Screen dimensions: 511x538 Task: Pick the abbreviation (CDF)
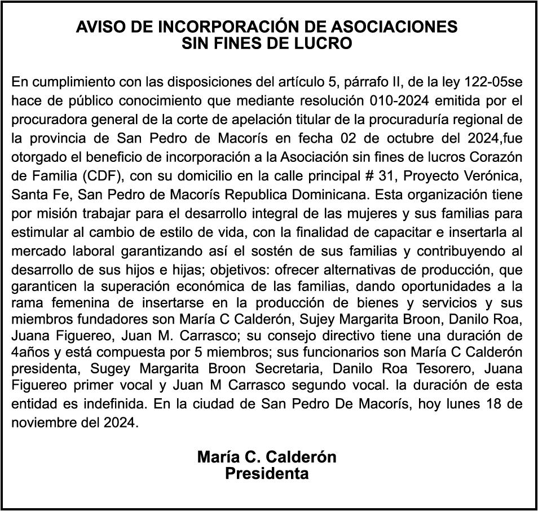(x=100, y=175)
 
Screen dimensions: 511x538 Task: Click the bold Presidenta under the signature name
(x=267, y=473)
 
